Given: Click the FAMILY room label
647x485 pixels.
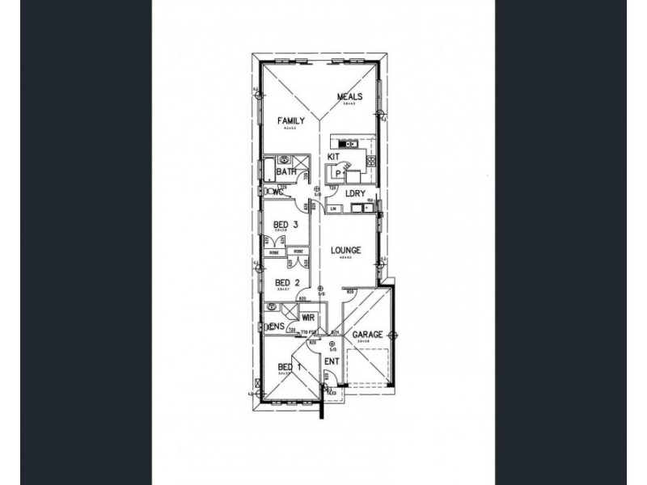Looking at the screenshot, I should point(291,121).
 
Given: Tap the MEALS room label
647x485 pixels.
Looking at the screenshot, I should point(350,96).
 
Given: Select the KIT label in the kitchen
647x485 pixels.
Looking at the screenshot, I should point(332,157).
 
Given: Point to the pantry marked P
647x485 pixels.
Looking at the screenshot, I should point(331,171).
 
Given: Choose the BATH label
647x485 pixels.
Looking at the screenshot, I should point(285,172).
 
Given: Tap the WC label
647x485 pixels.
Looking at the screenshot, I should point(277,192).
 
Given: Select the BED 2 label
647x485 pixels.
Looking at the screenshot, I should point(281,282).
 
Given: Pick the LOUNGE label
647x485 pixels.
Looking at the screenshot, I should point(345,251).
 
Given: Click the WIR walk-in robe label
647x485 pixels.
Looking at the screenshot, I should point(308,318).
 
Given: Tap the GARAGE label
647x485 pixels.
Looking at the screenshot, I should point(366,335).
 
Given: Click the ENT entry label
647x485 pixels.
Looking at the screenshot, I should point(332,361).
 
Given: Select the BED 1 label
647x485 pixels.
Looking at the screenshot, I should point(287,367).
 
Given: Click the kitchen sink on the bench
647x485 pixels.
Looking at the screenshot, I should point(343,144).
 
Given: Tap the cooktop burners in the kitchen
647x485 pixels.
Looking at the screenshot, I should point(371,161).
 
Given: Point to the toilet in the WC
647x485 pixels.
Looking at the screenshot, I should point(268,192).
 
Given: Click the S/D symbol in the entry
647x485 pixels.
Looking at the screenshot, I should point(332,345).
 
